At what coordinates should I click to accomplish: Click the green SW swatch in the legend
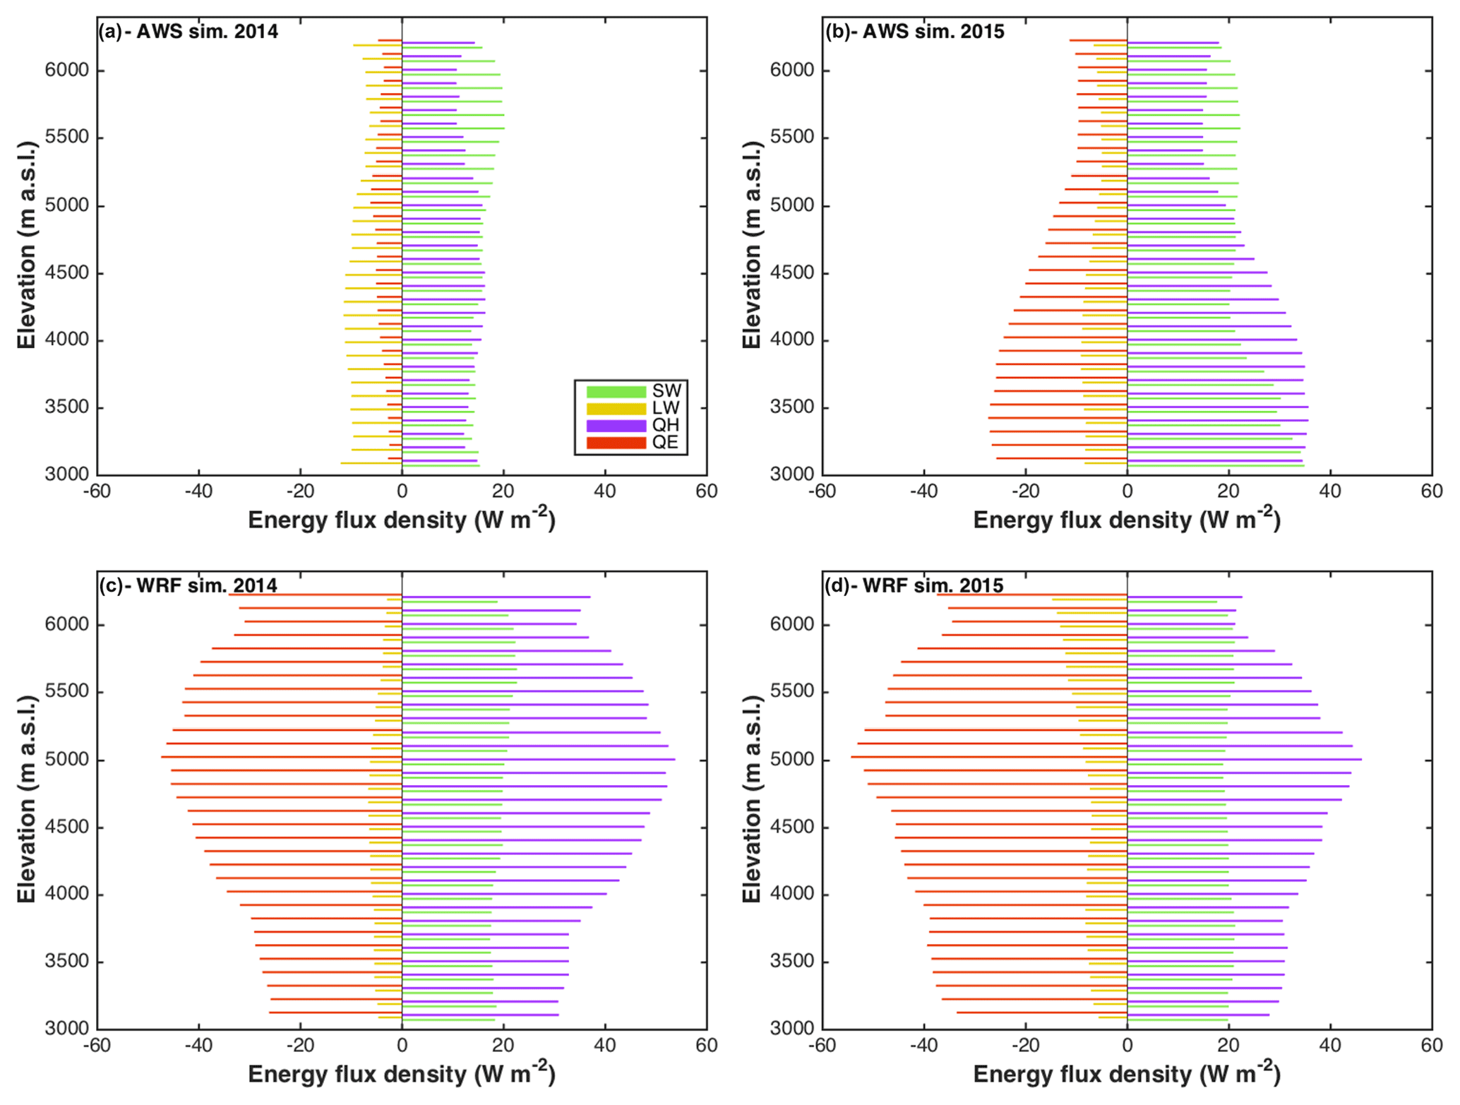coord(616,391)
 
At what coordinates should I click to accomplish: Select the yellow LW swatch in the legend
coord(616,408)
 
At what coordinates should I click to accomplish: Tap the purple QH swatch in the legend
coord(616,425)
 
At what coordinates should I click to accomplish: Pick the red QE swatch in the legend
coord(616,443)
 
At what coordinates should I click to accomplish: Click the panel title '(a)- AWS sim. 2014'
coord(189,32)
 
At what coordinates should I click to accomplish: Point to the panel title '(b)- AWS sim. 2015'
coord(914,32)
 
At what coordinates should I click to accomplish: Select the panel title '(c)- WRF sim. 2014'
coord(189,585)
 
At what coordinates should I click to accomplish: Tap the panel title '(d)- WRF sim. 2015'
coord(914,585)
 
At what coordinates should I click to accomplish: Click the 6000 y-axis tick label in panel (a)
coord(67,70)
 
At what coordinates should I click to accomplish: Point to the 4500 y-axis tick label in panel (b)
coord(793,273)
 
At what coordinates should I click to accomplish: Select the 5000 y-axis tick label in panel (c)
coord(67,760)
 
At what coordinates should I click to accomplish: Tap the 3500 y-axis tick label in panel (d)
coord(793,962)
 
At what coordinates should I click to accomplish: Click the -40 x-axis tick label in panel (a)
coord(198,491)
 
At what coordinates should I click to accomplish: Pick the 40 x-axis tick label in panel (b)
coord(1330,491)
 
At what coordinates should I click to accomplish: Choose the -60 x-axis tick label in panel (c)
coord(97,1046)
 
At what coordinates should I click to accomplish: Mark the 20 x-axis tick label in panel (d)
coord(1228,1046)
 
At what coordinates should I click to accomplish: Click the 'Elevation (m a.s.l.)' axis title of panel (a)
coord(27,244)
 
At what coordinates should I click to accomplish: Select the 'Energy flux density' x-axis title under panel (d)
coord(1126,1074)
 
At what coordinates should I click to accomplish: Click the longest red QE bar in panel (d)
coord(988,757)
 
